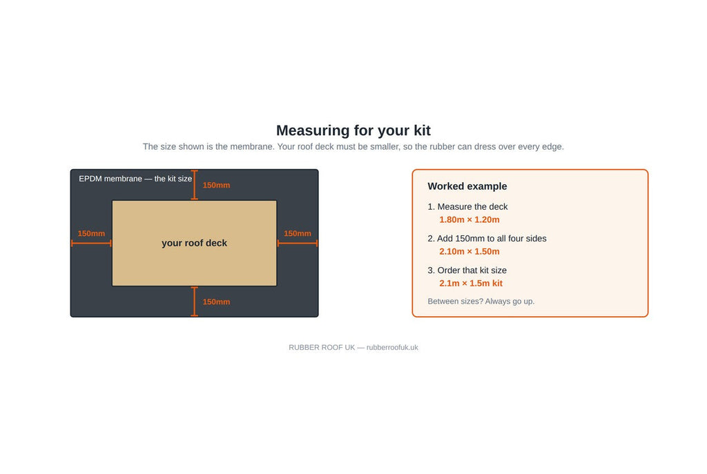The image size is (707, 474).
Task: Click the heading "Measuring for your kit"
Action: tap(353, 130)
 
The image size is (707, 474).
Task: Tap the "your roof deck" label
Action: tap(194, 243)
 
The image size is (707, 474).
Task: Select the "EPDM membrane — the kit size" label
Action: tap(135, 179)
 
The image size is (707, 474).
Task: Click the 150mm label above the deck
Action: tap(216, 185)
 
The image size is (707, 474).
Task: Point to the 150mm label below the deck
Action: tap(216, 302)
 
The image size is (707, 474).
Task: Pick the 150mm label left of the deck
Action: tap(91, 233)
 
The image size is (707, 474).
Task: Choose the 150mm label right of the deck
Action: tap(297, 233)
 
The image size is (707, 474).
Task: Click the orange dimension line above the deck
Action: tap(194, 185)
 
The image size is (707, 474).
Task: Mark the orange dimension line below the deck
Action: tap(194, 302)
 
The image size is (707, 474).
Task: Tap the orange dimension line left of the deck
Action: tap(91, 244)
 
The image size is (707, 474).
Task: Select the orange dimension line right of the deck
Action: tap(298, 244)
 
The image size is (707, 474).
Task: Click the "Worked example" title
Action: tap(467, 186)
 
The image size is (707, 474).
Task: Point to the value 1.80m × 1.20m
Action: tap(469, 220)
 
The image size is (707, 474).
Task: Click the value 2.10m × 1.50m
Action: tap(469, 251)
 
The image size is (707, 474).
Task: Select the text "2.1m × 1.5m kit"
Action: tap(471, 284)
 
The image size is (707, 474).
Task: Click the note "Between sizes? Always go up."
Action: tap(481, 302)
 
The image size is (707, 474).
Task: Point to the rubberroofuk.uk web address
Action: tap(392, 347)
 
